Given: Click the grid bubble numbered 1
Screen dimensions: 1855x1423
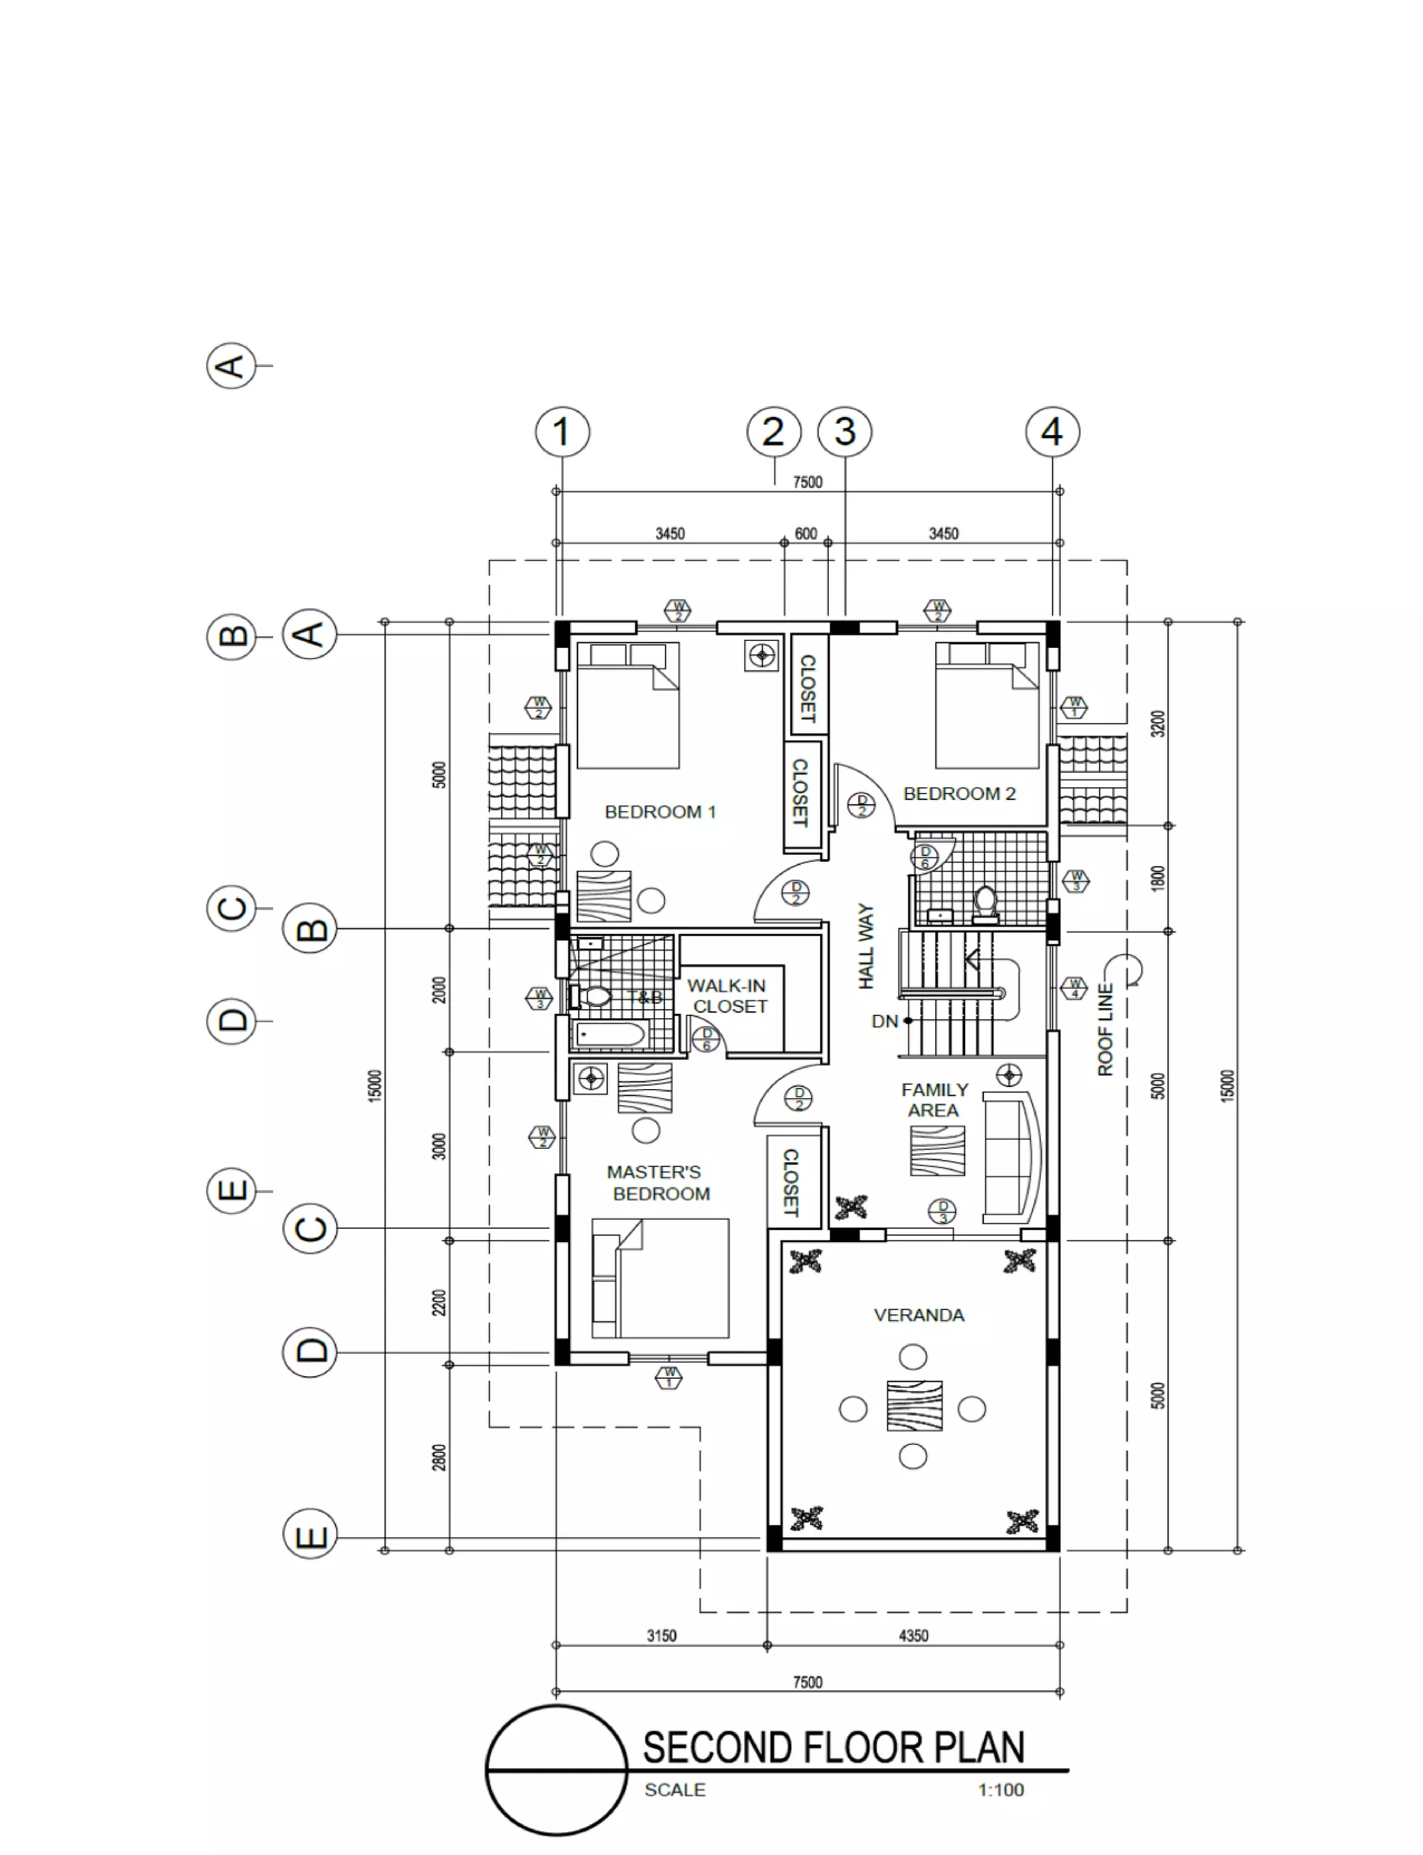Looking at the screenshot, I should (562, 432).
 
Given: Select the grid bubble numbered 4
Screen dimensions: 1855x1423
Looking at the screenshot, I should (1052, 432).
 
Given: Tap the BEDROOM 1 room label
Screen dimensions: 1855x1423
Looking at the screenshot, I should (660, 812).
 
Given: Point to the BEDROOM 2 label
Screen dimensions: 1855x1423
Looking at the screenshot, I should (959, 794).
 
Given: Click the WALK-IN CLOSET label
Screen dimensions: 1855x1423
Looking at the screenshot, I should (727, 996).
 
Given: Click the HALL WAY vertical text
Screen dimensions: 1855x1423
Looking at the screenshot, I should (866, 945).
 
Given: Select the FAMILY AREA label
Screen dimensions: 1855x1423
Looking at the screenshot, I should (935, 1100).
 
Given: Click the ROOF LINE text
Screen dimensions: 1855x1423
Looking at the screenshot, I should (1105, 1029).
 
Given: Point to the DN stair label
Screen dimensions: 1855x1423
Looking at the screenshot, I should (885, 1022).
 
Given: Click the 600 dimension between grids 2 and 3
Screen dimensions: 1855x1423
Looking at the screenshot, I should (805, 534).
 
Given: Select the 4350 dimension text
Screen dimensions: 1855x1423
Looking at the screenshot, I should (913, 1635).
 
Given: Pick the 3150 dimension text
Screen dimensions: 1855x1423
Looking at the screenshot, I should (661, 1635).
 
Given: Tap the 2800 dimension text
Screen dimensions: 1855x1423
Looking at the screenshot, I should (438, 1457).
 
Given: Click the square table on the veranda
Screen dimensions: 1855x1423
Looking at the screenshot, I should (914, 1406).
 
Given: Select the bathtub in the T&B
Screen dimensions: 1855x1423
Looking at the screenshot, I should (610, 1035).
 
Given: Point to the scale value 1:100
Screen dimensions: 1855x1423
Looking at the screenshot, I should (1001, 1790).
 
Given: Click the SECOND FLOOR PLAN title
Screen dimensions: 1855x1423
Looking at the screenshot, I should (834, 1747).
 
